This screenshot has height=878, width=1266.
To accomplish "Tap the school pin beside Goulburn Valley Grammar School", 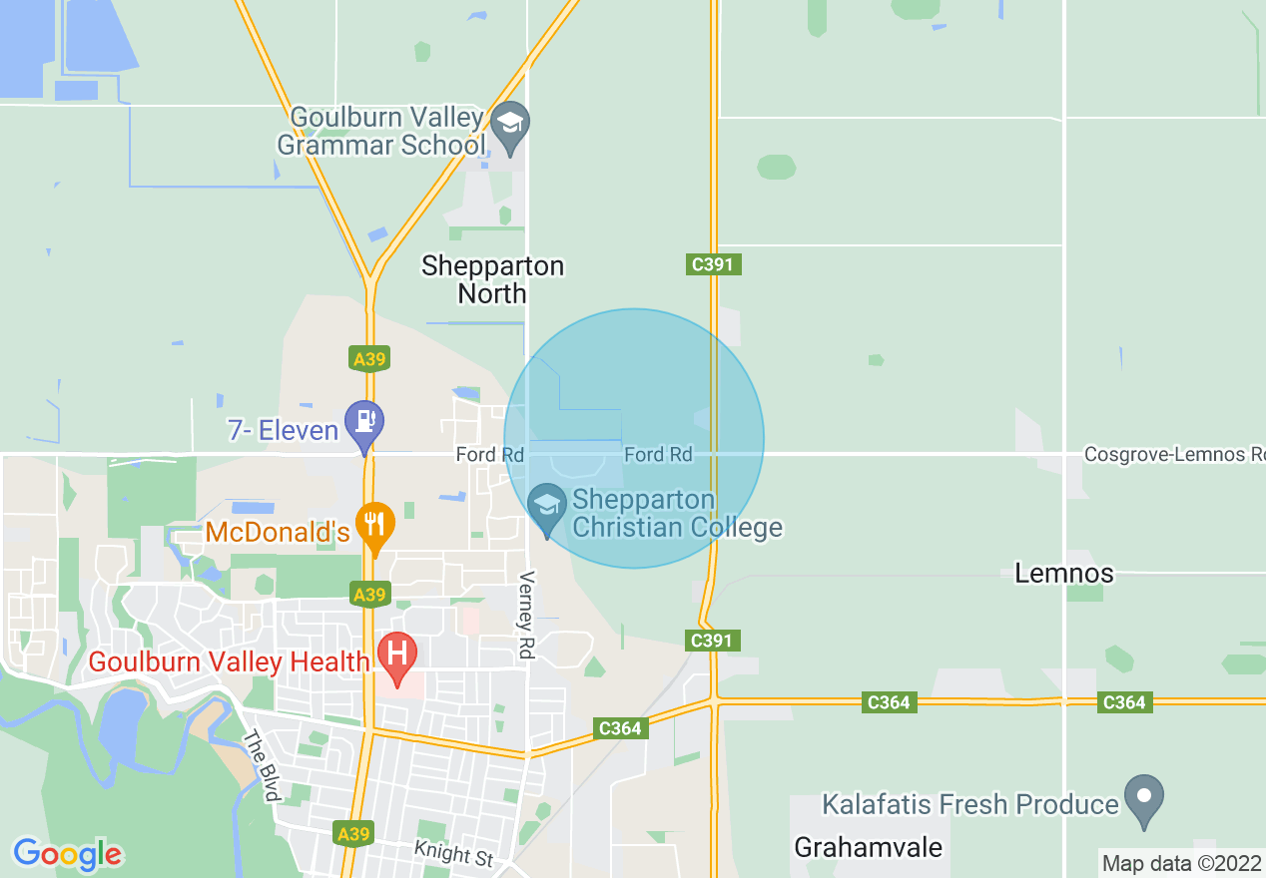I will (x=510, y=126).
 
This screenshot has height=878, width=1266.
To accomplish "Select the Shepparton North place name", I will (x=492, y=279).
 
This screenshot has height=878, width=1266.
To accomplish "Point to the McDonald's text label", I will (x=279, y=532).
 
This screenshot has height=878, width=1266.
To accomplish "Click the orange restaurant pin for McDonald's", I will (x=376, y=525).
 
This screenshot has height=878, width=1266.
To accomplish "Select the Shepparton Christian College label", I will (x=677, y=513).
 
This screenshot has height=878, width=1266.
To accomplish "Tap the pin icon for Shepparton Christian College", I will (x=546, y=507).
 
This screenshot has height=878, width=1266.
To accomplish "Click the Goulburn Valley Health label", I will (x=230, y=660).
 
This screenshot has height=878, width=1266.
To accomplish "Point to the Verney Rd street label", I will (x=527, y=615).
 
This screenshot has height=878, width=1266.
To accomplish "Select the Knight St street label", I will (x=455, y=853).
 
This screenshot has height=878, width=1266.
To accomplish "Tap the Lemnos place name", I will (x=1064, y=574).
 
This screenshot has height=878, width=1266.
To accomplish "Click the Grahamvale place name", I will (x=868, y=847).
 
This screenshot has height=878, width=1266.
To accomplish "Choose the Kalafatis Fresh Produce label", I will (x=969, y=804).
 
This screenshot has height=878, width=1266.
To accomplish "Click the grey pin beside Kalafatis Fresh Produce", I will (x=1144, y=798).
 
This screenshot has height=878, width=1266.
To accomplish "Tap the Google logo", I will (x=67, y=854).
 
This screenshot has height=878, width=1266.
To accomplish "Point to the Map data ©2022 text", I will (x=1181, y=863).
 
